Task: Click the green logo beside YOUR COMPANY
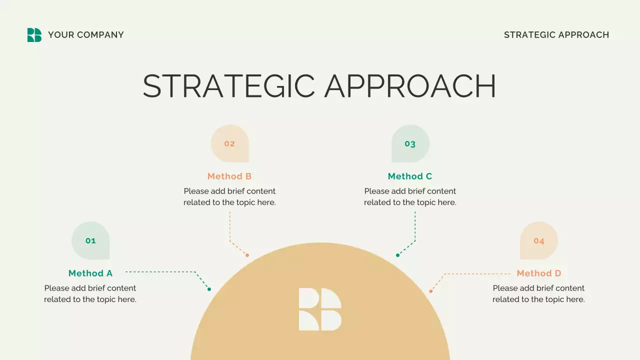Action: pos(34,35)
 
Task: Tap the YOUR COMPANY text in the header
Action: pos(85,35)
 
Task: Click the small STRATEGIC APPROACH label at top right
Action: pos(556,35)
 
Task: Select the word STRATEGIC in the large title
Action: pos(228,86)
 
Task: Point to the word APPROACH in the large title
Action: pos(410,86)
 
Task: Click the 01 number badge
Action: pos(90,240)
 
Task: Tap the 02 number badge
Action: pos(229,143)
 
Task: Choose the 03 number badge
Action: pos(410,144)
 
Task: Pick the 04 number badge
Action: pos(538,240)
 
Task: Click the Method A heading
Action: pos(90,273)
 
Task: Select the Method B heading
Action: pos(229,176)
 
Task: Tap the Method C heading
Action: pos(410,176)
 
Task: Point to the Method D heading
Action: pos(539,273)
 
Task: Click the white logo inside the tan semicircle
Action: pos(320,309)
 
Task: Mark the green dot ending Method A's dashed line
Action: pos(209,289)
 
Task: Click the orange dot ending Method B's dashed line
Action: pos(247,255)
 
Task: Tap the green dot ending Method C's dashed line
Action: pos(397,255)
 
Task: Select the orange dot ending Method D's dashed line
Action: pos(430,291)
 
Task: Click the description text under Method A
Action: pos(90,294)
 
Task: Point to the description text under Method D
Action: pos(538,294)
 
